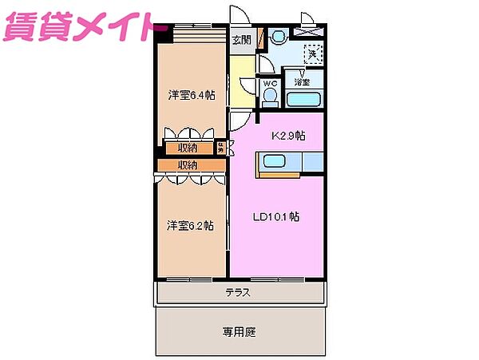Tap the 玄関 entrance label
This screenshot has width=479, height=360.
pos(241,39)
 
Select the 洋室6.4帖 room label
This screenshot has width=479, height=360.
pos(191,95)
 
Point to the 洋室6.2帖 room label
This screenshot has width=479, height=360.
pos(190,225)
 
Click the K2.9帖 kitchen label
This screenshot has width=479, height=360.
pos(288,136)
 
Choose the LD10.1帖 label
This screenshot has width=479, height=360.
pos(277,216)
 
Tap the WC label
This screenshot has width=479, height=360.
pos(270,82)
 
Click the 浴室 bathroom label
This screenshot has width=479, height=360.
pos(303,81)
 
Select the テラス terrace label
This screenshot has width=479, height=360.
pos(238,292)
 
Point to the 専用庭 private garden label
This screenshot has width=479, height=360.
pos(239,331)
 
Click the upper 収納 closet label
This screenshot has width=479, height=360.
pos(188,148)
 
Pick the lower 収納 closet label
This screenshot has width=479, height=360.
pos(188,165)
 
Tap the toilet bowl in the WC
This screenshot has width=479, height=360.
pos(270,96)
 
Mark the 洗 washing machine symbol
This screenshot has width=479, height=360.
pos(312,53)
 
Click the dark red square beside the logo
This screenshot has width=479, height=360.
pos(164,32)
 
